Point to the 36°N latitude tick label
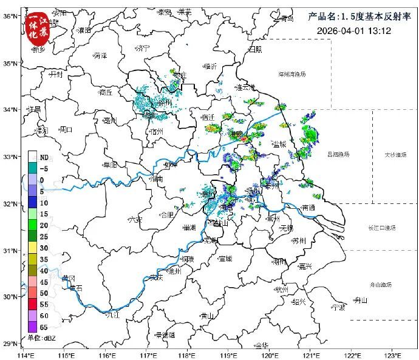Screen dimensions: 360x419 pyautogui.click(x=10, y=16)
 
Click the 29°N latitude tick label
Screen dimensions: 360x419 pyautogui.click(x=10, y=344)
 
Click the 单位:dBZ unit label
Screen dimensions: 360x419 pyautogui.click(x=41, y=338)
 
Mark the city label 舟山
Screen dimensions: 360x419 pyautogui.click(x=361, y=300)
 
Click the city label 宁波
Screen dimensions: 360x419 pyautogui.click(x=338, y=307)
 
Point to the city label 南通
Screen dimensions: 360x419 pyautogui.click(x=308, y=208)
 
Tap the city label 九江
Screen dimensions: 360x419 pyautogui.click(x=112, y=315)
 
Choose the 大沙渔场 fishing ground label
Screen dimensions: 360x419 pyautogui.click(x=395, y=155)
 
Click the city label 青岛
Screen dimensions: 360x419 pyautogui.click(x=287, y=18)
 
